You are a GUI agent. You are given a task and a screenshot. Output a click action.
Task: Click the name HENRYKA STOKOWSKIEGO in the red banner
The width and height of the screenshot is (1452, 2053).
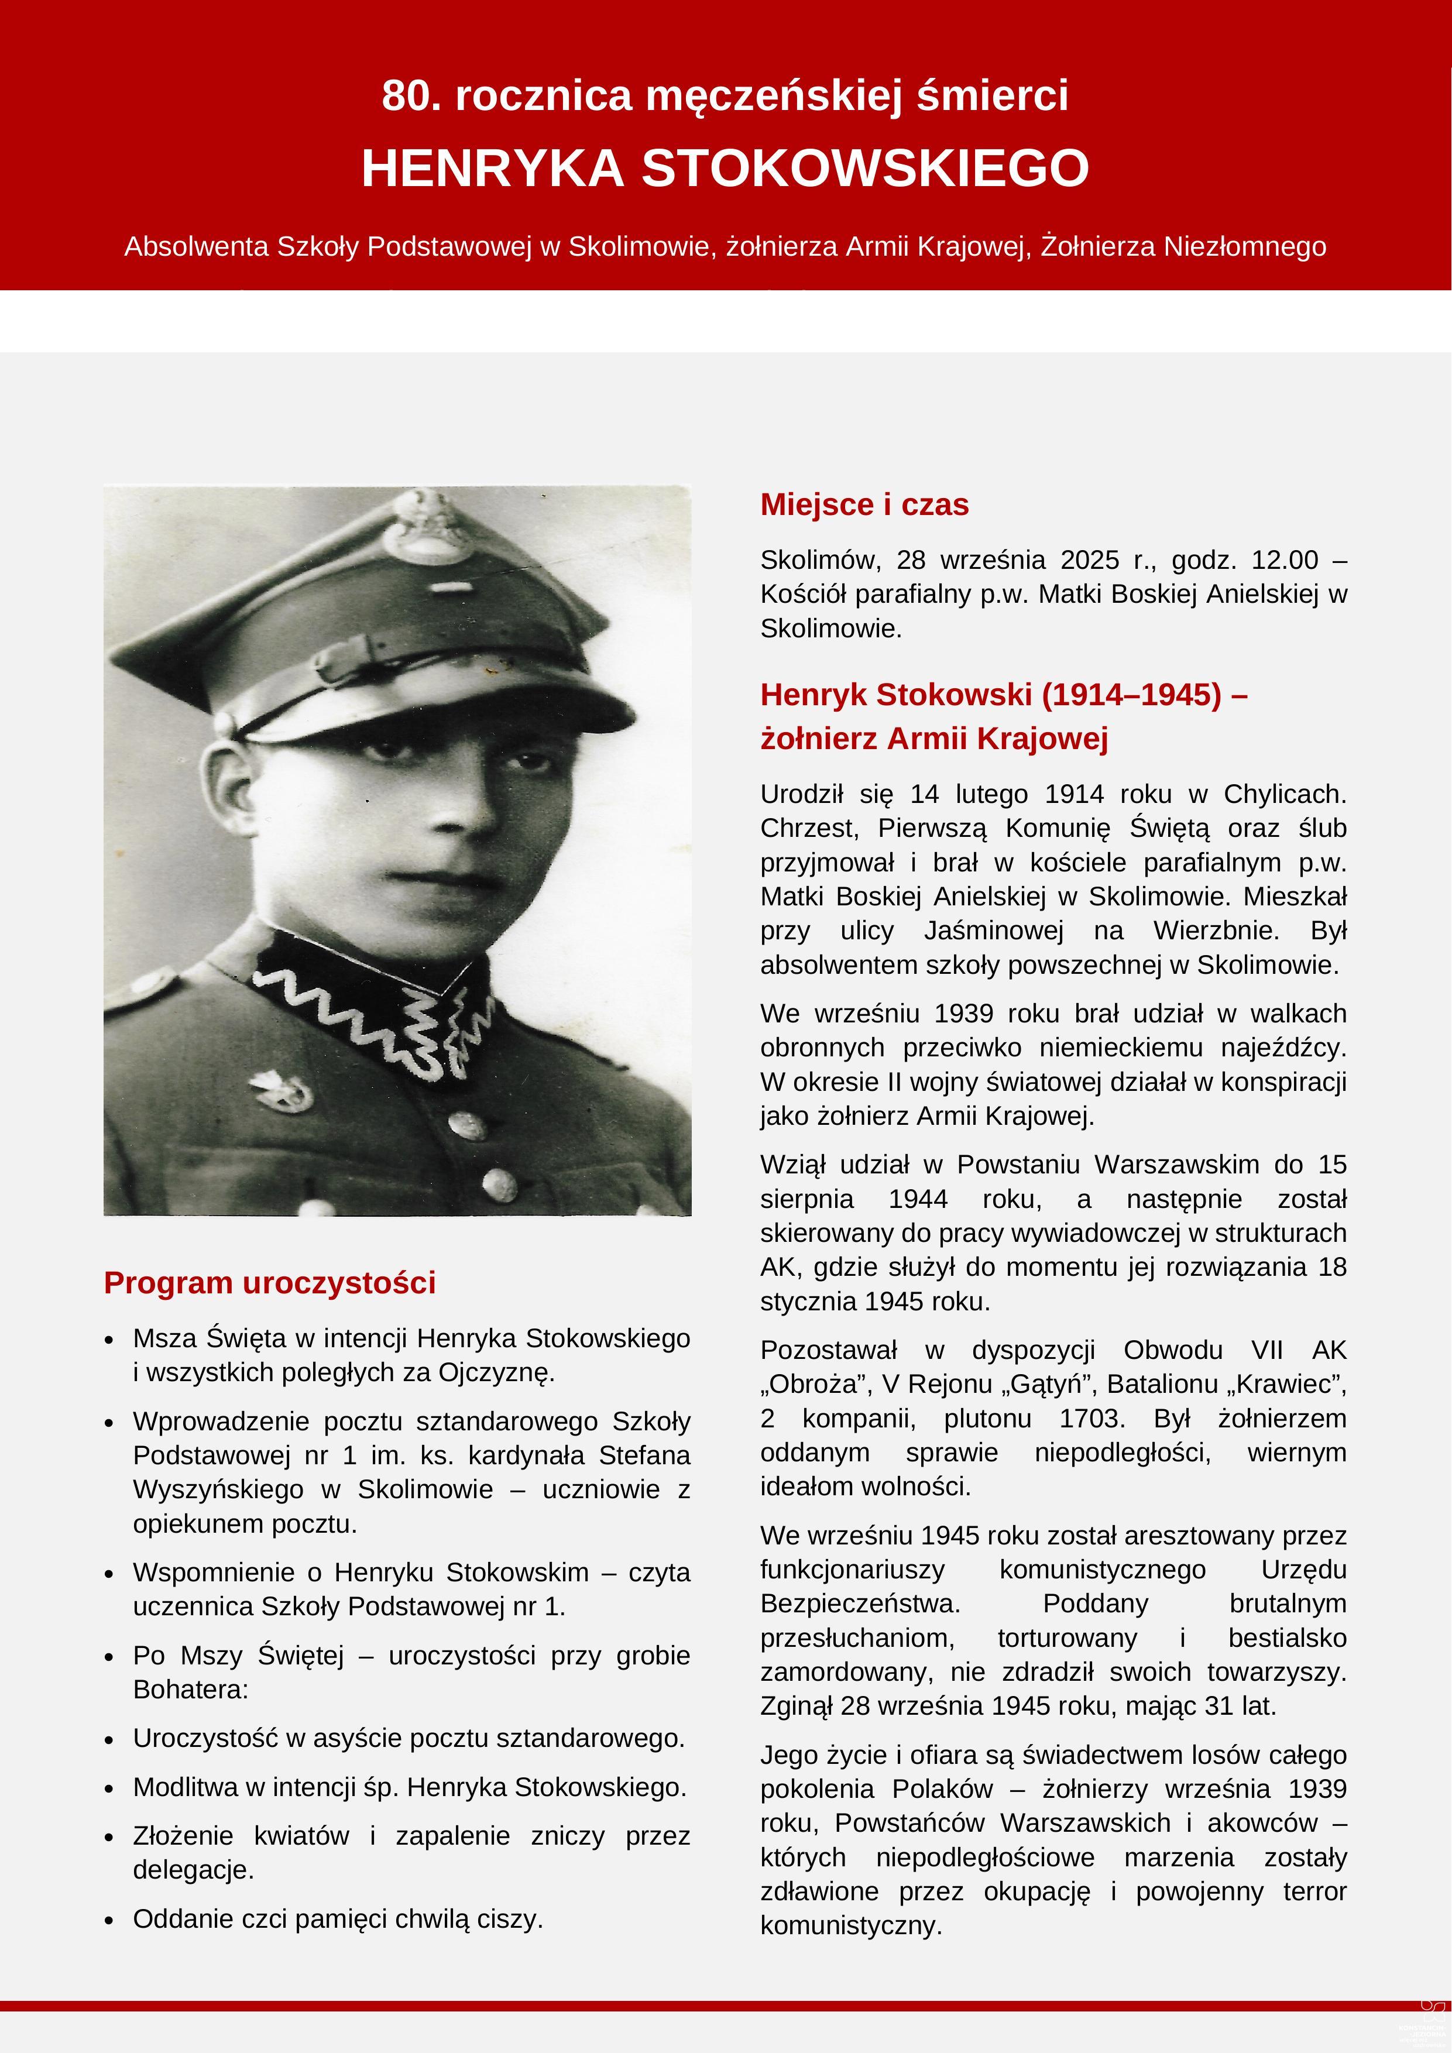tap(725, 168)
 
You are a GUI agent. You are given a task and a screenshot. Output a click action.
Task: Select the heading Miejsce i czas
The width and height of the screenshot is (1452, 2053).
tap(864, 504)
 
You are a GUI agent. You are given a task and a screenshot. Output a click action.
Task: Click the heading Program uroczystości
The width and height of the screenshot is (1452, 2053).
tap(269, 1282)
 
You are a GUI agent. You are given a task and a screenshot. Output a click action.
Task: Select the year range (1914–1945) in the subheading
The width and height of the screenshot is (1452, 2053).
tap(1132, 695)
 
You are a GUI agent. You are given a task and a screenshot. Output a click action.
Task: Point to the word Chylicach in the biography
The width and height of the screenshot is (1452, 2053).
tap(1284, 794)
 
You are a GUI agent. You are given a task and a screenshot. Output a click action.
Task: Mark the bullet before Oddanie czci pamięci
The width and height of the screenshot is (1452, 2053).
tap(109, 1920)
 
